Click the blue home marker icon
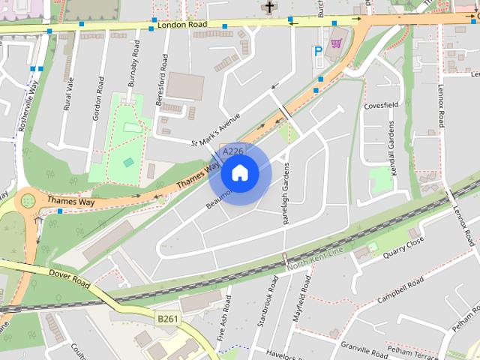[x=239, y=173]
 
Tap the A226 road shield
[x=233, y=151]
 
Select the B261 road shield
[x=167, y=319]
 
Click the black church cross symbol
[x=269, y=7]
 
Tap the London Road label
[x=182, y=25]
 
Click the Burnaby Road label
[x=133, y=64]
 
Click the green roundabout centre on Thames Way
[x=28, y=200]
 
